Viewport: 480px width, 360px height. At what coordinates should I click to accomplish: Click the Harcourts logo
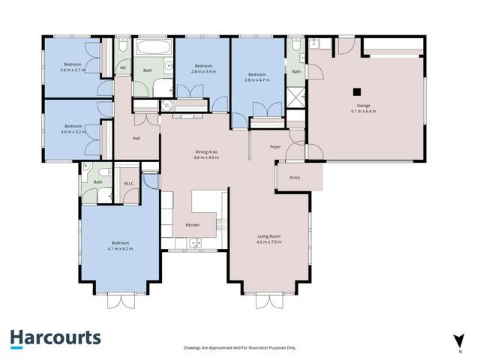(x=55, y=337)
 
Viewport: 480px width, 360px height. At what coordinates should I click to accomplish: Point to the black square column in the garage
(x=357, y=93)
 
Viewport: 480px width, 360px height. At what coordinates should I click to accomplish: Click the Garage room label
(x=363, y=106)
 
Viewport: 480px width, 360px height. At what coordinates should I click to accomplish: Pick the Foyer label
(x=275, y=146)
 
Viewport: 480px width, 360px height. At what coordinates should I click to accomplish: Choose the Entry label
(x=295, y=178)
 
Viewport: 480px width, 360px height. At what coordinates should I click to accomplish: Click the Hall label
(x=136, y=138)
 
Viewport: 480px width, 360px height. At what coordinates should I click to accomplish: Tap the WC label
(x=123, y=67)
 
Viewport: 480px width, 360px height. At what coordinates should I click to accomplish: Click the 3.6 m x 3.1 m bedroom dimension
(x=73, y=70)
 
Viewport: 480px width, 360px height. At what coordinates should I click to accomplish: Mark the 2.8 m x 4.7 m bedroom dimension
(x=257, y=79)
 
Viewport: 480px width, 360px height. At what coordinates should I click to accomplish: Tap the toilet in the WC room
(x=123, y=47)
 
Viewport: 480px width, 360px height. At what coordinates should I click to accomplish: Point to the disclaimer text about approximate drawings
(x=240, y=348)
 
